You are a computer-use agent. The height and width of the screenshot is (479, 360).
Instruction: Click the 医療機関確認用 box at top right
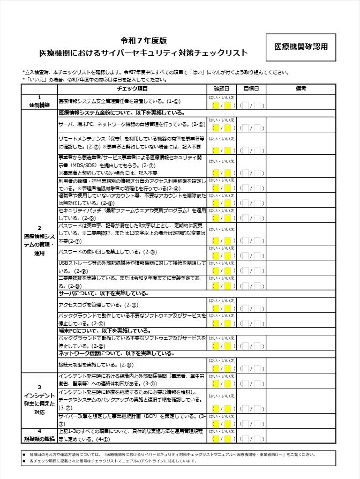click(x=301, y=47)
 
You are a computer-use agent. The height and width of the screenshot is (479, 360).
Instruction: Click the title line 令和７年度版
click(x=144, y=41)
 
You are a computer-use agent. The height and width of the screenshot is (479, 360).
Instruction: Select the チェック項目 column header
click(x=132, y=89)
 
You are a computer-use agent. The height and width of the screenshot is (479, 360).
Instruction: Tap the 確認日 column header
click(x=221, y=89)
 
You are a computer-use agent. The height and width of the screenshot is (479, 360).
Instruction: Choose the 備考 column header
click(x=301, y=89)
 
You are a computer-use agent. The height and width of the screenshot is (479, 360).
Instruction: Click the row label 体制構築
click(x=39, y=104)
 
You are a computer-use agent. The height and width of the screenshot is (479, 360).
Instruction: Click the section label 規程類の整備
click(x=39, y=439)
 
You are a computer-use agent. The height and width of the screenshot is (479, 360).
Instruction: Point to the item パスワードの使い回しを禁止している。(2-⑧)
click(x=107, y=252)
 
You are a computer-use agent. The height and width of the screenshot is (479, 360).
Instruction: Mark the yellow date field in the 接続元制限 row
click(x=221, y=369)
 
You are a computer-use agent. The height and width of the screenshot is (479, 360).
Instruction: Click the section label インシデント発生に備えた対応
click(x=39, y=399)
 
